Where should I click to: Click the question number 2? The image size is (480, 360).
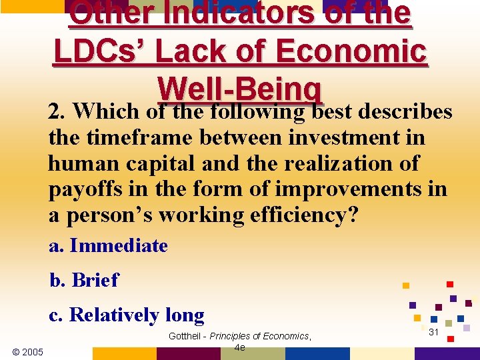click(55, 112)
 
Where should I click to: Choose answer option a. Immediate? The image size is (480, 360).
click(108, 246)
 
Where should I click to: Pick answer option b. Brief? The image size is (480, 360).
click(84, 281)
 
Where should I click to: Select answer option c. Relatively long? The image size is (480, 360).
click(126, 315)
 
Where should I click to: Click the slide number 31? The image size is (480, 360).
click(433, 332)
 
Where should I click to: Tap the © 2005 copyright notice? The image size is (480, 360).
click(27, 351)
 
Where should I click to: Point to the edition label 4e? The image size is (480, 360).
click(240, 347)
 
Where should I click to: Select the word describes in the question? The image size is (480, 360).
click(405, 112)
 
